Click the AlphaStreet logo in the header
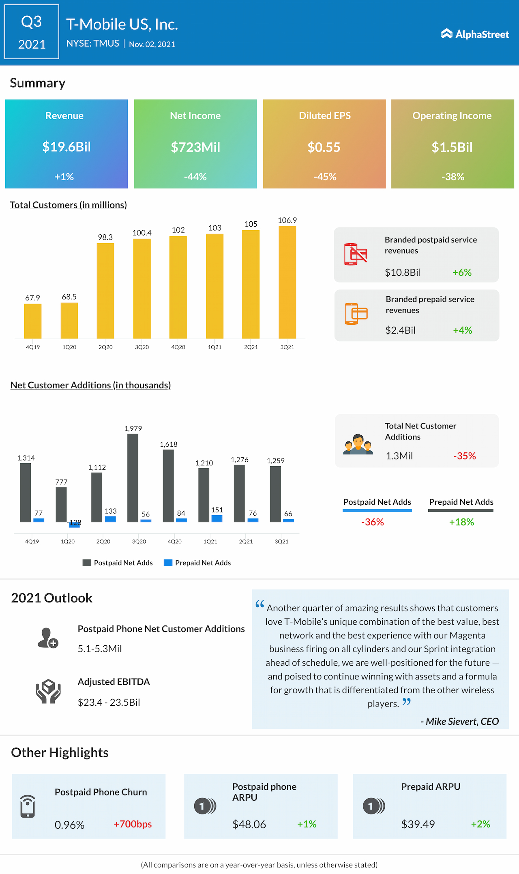point(474,34)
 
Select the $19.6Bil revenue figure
point(66,147)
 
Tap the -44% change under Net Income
point(195,177)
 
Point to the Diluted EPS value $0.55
point(324,147)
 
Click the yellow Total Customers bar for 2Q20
point(105,291)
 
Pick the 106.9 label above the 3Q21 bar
point(287,220)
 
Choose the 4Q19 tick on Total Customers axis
point(33,347)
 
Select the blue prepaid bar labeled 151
point(217,518)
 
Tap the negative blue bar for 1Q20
point(74,525)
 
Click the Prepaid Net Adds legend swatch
point(168,563)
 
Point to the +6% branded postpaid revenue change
point(462,272)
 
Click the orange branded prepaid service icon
point(356,314)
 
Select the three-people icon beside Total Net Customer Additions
point(358,444)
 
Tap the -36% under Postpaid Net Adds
point(372,522)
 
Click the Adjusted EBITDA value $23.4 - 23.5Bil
point(109,703)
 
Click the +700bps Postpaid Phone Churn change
point(133,824)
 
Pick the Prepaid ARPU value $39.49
point(418,825)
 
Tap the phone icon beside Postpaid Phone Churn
point(28,806)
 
